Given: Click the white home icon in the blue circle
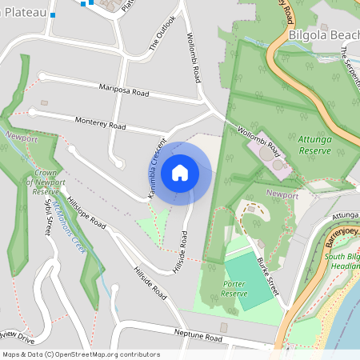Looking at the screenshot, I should coord(180,172).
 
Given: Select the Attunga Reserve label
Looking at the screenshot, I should coord(314,144).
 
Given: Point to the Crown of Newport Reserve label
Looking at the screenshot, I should coord(46,182).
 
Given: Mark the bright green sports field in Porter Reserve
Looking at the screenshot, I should coord(247,281).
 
